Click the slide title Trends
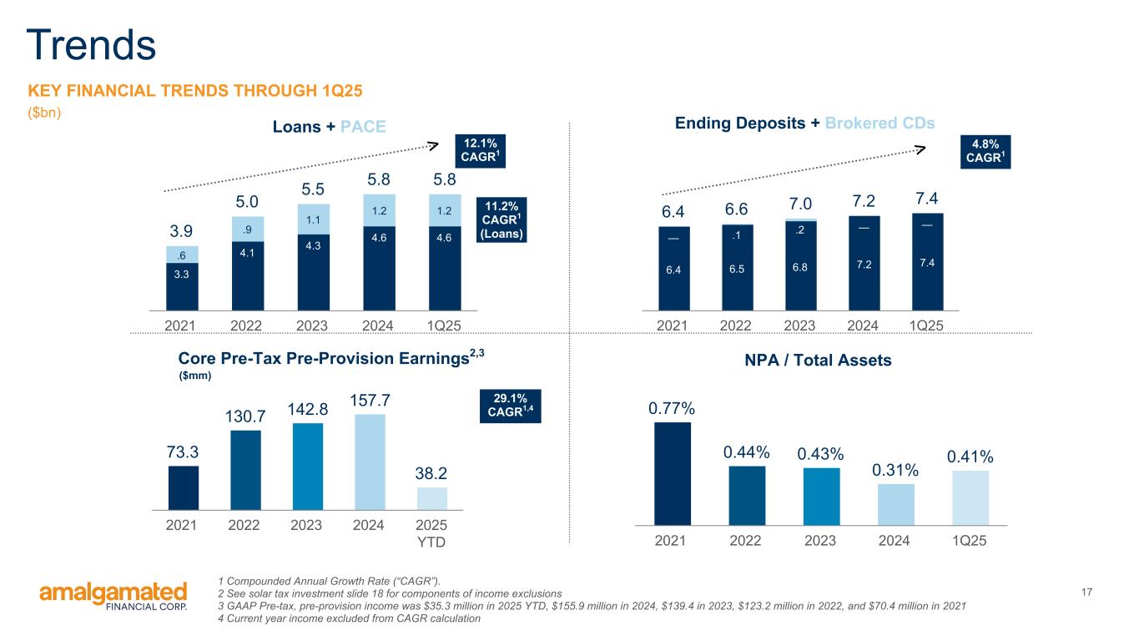tap(91, 45)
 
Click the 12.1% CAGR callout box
tap(480, 150)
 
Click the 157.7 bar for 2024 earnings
tap(369, 462)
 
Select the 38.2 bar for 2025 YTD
tap(431, 498)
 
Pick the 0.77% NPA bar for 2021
tap(672, 473)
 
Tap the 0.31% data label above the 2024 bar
tap(895, 471)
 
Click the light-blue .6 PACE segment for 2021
tap(183, 255)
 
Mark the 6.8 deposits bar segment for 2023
tap(800, 266)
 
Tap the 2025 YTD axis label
tap(431, 533)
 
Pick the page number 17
tap(1086, 592)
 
